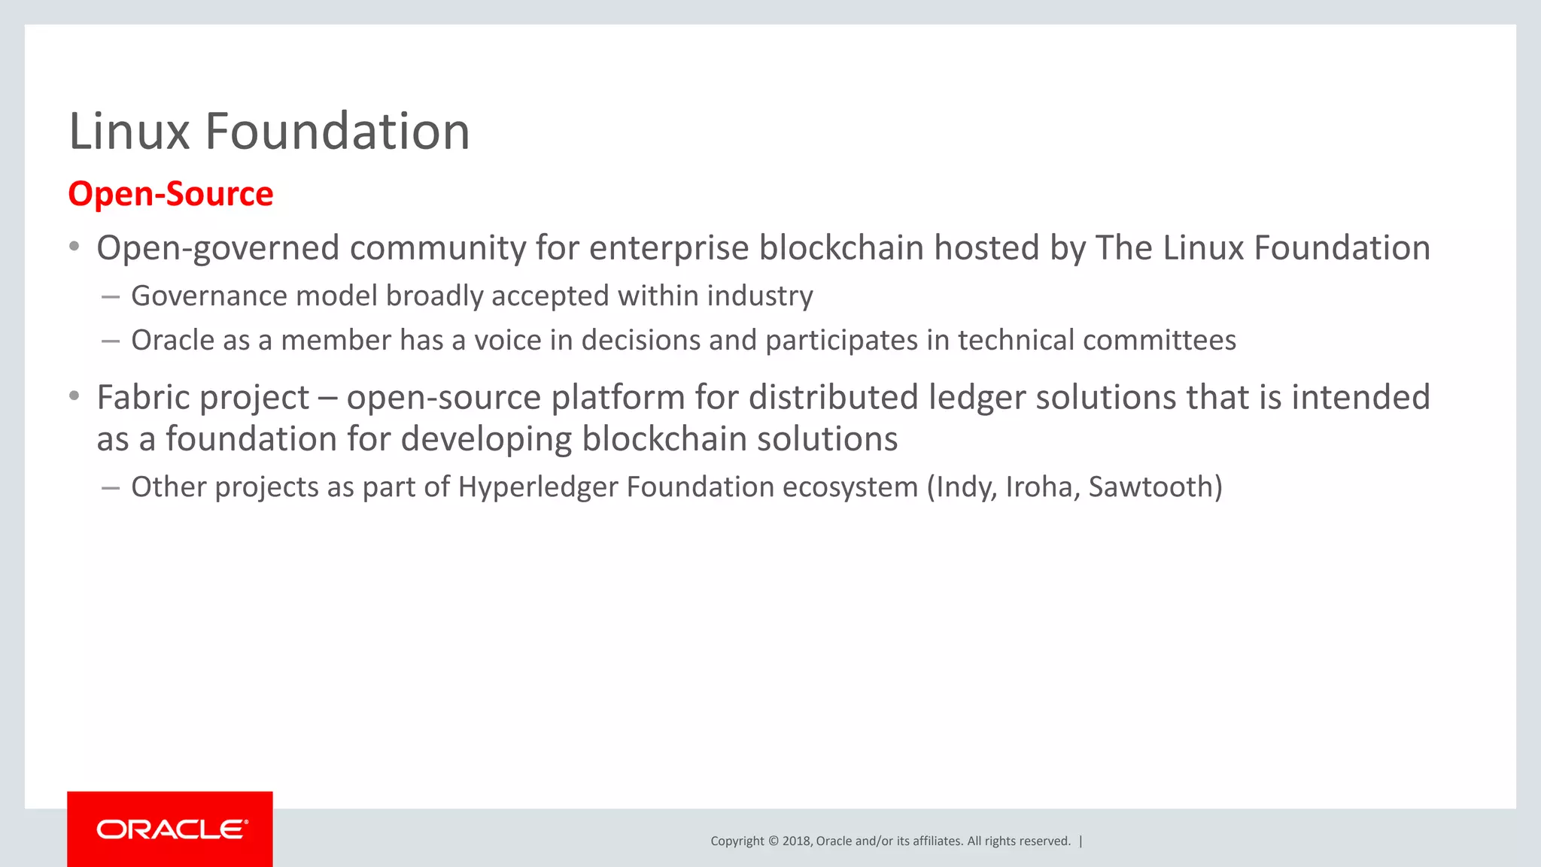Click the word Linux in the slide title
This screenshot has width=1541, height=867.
point(129,132)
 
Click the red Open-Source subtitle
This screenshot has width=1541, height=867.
point(171,194)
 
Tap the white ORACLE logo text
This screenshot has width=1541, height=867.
point(172,829)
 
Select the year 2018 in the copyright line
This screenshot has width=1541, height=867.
point(796,841)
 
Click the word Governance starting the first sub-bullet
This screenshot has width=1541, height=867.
point(208,296)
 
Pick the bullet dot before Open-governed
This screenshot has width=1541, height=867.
point(74,247)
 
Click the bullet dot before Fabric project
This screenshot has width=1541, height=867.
point(74,396)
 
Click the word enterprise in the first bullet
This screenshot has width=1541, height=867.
point(668,248)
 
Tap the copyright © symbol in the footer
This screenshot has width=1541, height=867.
point(773,841)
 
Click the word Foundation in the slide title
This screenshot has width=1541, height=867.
point(337,132)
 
